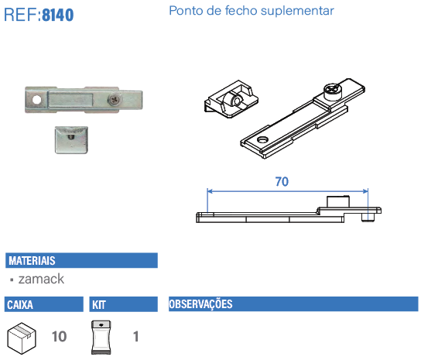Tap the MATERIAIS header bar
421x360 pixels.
(x=81, y=261)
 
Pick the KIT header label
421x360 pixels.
(x=99, y=304)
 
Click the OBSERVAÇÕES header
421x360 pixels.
(x=201, y=304)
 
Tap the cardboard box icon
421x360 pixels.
(x=22, y=337)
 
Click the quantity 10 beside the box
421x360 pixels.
(x=59, y=337)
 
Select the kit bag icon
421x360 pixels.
(x=102, y=338)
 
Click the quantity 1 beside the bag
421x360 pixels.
(x=135, y=337)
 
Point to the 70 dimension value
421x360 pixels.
(x=282, y=182)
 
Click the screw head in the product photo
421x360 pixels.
(x=115, y=99)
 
